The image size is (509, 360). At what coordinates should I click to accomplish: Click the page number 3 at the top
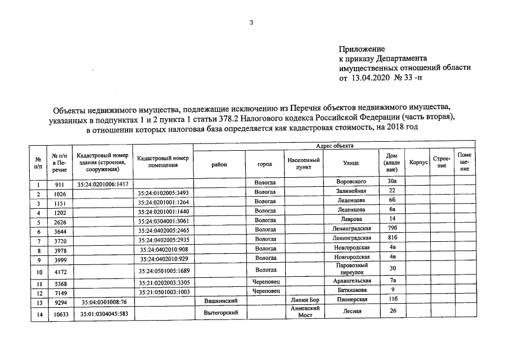click(x=251, y=23)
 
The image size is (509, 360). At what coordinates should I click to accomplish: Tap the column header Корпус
click(x=418, y=162)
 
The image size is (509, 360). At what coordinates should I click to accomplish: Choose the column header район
click(x=219, y=164)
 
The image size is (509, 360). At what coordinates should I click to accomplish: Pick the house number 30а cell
click(x=393, y=182)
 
